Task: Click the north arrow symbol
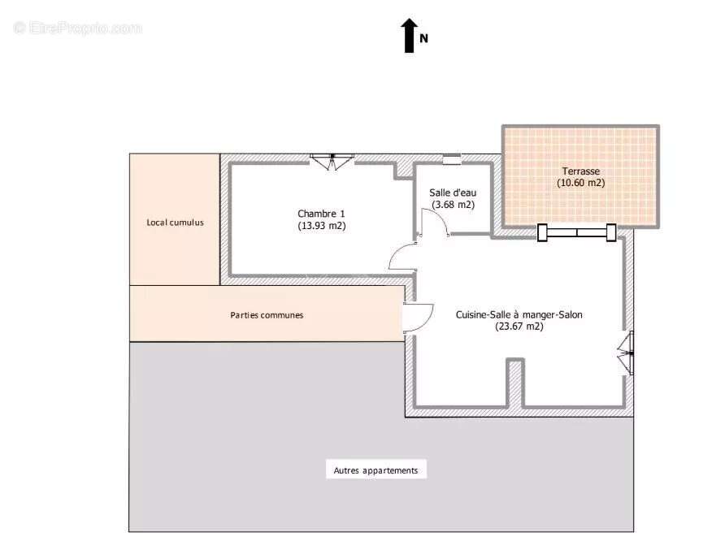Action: [x=410, y=36]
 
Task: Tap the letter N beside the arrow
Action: [x=423, y=37]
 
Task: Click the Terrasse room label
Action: [x=580, y=171]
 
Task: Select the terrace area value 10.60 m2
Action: [x=580, y=183]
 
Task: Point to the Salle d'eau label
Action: [x=453, y=193]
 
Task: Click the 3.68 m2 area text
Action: [x=453, y=205]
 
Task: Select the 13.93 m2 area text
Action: [x=321, y=226]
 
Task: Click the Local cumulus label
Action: [x=175, y=222]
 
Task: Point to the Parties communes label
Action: [x=267, y=314]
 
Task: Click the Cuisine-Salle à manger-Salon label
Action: [x=519, y=314]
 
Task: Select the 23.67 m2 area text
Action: [x=519, y=327]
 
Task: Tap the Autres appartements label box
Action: [x=376, y=470]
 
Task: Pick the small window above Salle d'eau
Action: [x=451, y=158]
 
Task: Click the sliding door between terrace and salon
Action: [x=576, y=232]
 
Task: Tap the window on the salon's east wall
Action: [x=628, y=353]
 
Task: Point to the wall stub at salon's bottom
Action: [x=514, y=383]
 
